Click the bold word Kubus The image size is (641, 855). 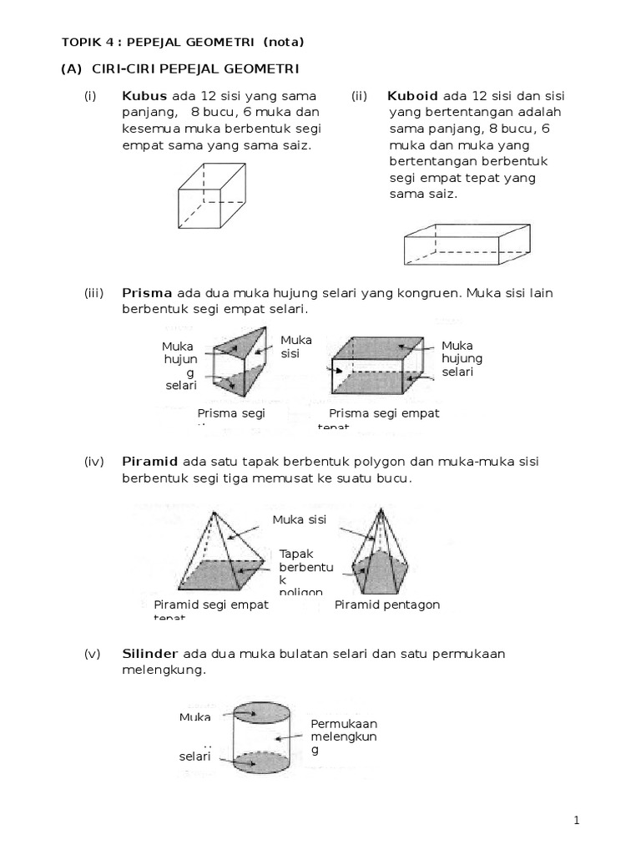click(x=144, y=95)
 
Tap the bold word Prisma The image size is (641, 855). click(x=147, y=293)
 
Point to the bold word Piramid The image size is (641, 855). click(x=149, y=462)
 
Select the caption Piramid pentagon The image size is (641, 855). click(x=386, y=605)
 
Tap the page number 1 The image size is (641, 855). click(x=577, y=821)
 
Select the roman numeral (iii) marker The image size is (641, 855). click(x=93, y=293)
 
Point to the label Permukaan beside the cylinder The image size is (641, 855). click(x=344, y=723)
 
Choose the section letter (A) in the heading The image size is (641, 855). click(x=71, y=68)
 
